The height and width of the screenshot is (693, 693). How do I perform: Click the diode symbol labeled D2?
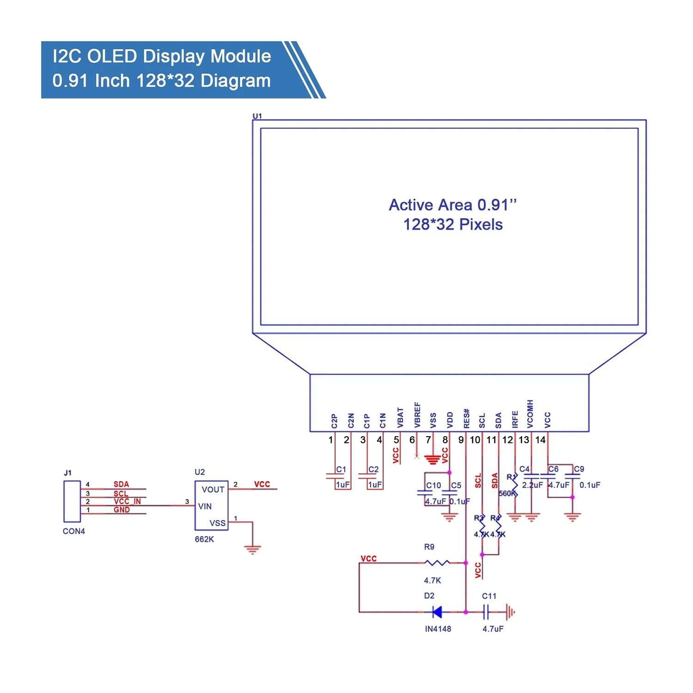437,612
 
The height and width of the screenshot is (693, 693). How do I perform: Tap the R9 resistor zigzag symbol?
437,563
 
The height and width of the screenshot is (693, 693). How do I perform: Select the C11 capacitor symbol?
486,613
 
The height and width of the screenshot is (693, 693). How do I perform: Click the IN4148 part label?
438,629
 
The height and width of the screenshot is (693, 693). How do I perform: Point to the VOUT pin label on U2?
213,490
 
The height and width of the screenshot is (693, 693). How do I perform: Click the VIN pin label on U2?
205,506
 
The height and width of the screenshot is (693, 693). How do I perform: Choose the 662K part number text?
204,539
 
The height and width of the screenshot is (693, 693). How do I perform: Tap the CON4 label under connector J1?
74,531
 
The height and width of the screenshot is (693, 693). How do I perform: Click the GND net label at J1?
122,510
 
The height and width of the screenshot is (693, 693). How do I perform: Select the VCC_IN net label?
127,501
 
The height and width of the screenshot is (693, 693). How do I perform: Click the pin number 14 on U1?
540,440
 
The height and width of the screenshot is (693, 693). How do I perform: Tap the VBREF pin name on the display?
417,414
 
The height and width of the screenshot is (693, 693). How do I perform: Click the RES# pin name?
467,418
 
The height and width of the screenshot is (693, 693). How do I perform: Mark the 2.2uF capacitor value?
532,485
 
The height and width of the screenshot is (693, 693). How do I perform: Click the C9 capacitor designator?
579,469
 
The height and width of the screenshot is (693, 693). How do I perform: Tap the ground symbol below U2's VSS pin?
252,549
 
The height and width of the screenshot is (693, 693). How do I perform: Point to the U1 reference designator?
257,116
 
